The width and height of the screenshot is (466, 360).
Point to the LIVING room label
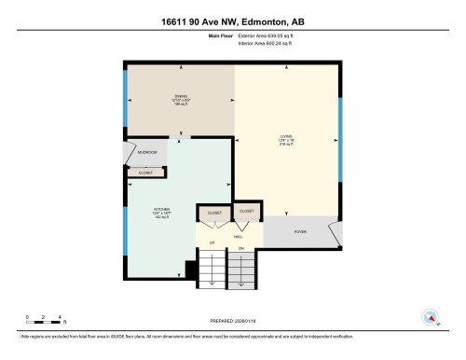click(x=286, y=141)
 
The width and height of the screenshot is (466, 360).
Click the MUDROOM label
click(x=146, y=152)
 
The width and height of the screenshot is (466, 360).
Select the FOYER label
click(x=300, y=231)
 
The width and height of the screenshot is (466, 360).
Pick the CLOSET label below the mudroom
click(x=146, y=173)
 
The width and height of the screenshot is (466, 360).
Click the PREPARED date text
click(x=232, y=322)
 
